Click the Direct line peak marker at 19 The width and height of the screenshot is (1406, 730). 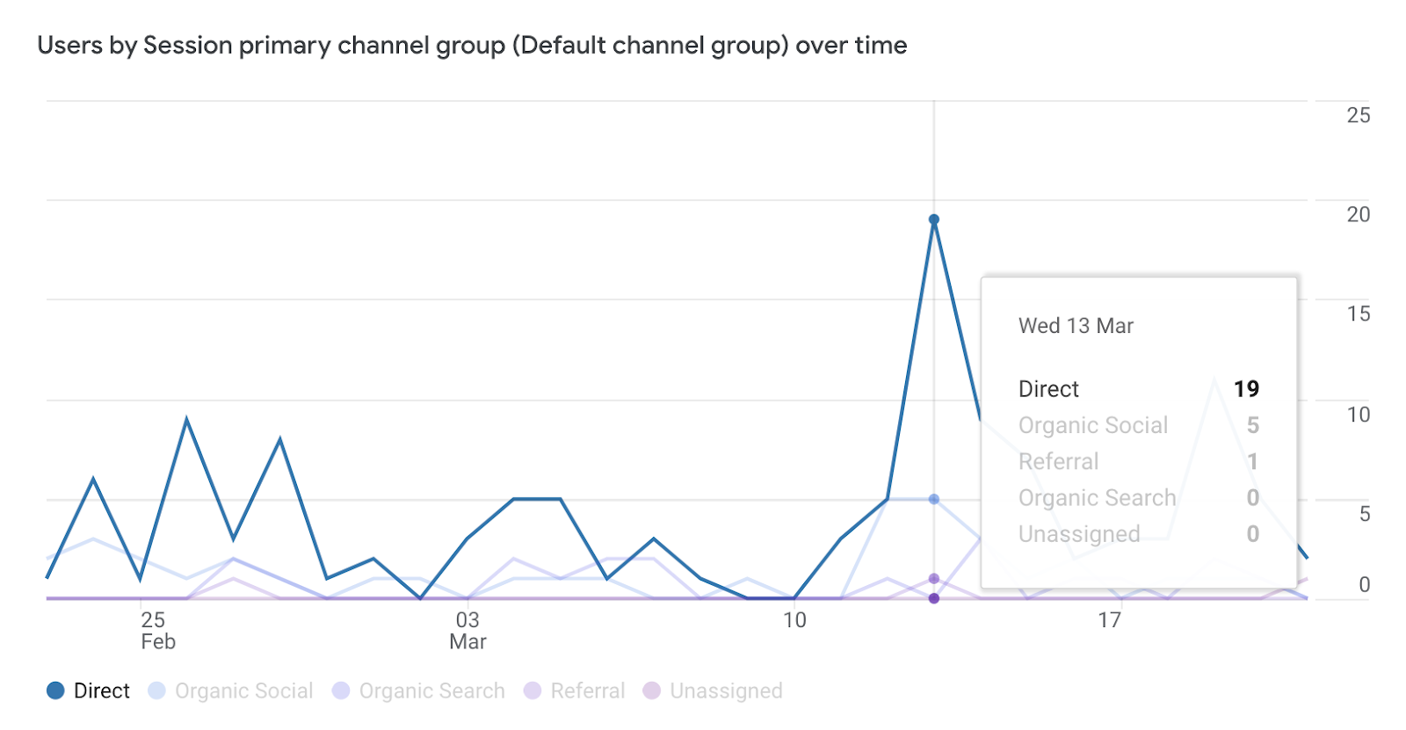click(934, 220)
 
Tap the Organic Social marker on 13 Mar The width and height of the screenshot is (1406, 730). click(934, 499)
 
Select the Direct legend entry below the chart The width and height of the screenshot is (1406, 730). click(89, 690)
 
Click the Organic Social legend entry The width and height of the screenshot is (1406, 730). click(231, 690)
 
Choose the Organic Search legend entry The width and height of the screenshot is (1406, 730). click(419, 690)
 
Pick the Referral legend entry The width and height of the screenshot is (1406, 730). click(575, 690)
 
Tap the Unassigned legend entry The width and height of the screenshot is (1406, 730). click(713, 690)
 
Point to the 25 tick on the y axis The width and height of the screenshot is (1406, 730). click(1358, 115)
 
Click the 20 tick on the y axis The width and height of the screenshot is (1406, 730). click(1358, 214)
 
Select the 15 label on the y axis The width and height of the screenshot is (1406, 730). click(1358, 314)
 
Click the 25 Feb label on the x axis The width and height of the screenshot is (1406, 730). click(155, 630)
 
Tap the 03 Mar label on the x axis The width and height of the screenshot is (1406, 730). click(467, 630)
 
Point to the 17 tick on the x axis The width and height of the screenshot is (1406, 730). click(1109, 620)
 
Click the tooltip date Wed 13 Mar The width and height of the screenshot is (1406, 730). click(1076, 326)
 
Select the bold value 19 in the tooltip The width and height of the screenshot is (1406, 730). click(1246, 388)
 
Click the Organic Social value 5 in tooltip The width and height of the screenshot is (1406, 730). click(1253, 425)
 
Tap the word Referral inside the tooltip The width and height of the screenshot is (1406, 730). click(1058, 461)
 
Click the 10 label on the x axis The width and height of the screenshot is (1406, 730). click(794, 620)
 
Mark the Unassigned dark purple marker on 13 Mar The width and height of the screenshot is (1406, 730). click(934, 598)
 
